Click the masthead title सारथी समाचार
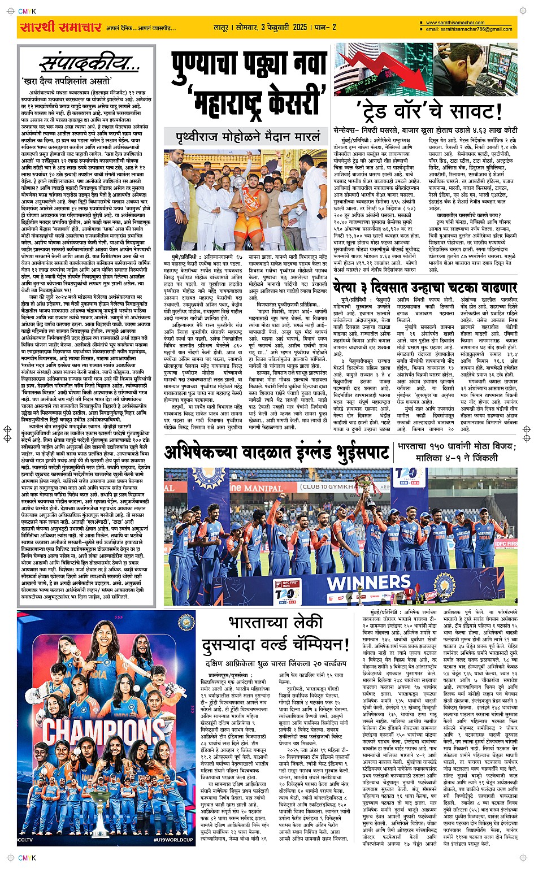(x=60, y=27)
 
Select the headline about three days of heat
(x=425, y=287)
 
